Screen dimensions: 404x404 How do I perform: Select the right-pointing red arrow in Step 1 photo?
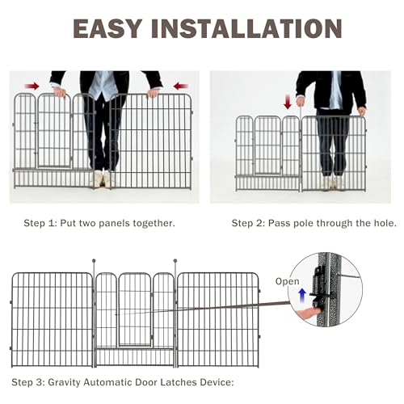point(31,84)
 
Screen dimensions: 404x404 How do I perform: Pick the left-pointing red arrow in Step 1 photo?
point(179,84)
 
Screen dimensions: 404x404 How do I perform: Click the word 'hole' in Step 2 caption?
point(382,222)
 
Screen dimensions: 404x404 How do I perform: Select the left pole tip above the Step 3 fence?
point(95,261)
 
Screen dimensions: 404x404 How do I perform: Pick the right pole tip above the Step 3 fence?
point(175,261)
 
